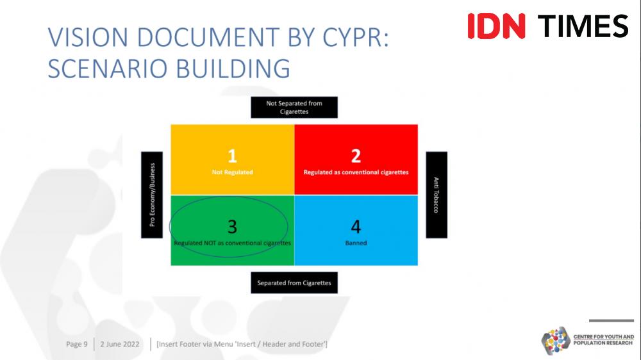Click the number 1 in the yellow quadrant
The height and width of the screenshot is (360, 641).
(x=232, y=156)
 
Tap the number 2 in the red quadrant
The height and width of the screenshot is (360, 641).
(x=356, y=156)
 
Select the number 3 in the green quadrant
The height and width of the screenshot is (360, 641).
(x=232, y=226)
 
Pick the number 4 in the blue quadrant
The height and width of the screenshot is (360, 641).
(x=356, y=226)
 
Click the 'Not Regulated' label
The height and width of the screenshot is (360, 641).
(x=232, y=172)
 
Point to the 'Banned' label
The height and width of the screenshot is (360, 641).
(x=356, y=243)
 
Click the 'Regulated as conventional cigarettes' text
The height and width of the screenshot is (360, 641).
(x=356, y=172)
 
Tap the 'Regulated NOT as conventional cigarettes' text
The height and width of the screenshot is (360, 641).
(x=232, y=243)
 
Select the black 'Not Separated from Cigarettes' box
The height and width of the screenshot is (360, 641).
(x=294, y=108)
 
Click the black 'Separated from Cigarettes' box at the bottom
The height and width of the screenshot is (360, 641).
(x=294, y=282)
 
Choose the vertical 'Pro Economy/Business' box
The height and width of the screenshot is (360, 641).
(x=152, y=195)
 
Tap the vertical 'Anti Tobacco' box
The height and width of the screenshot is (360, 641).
(x=437, y=195)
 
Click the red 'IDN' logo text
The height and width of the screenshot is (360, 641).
(x=496, y=26)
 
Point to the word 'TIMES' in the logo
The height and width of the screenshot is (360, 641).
(x=583, y=26)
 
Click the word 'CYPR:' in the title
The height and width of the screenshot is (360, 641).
(x=356, y=37)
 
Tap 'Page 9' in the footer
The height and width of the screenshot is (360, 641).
(x=77, y=344)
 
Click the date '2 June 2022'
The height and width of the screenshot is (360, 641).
(x=120, y=344)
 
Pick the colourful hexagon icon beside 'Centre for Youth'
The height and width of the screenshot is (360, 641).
(x=556, y=340)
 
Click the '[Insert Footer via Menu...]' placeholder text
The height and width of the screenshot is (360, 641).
(x=242, y=344)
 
